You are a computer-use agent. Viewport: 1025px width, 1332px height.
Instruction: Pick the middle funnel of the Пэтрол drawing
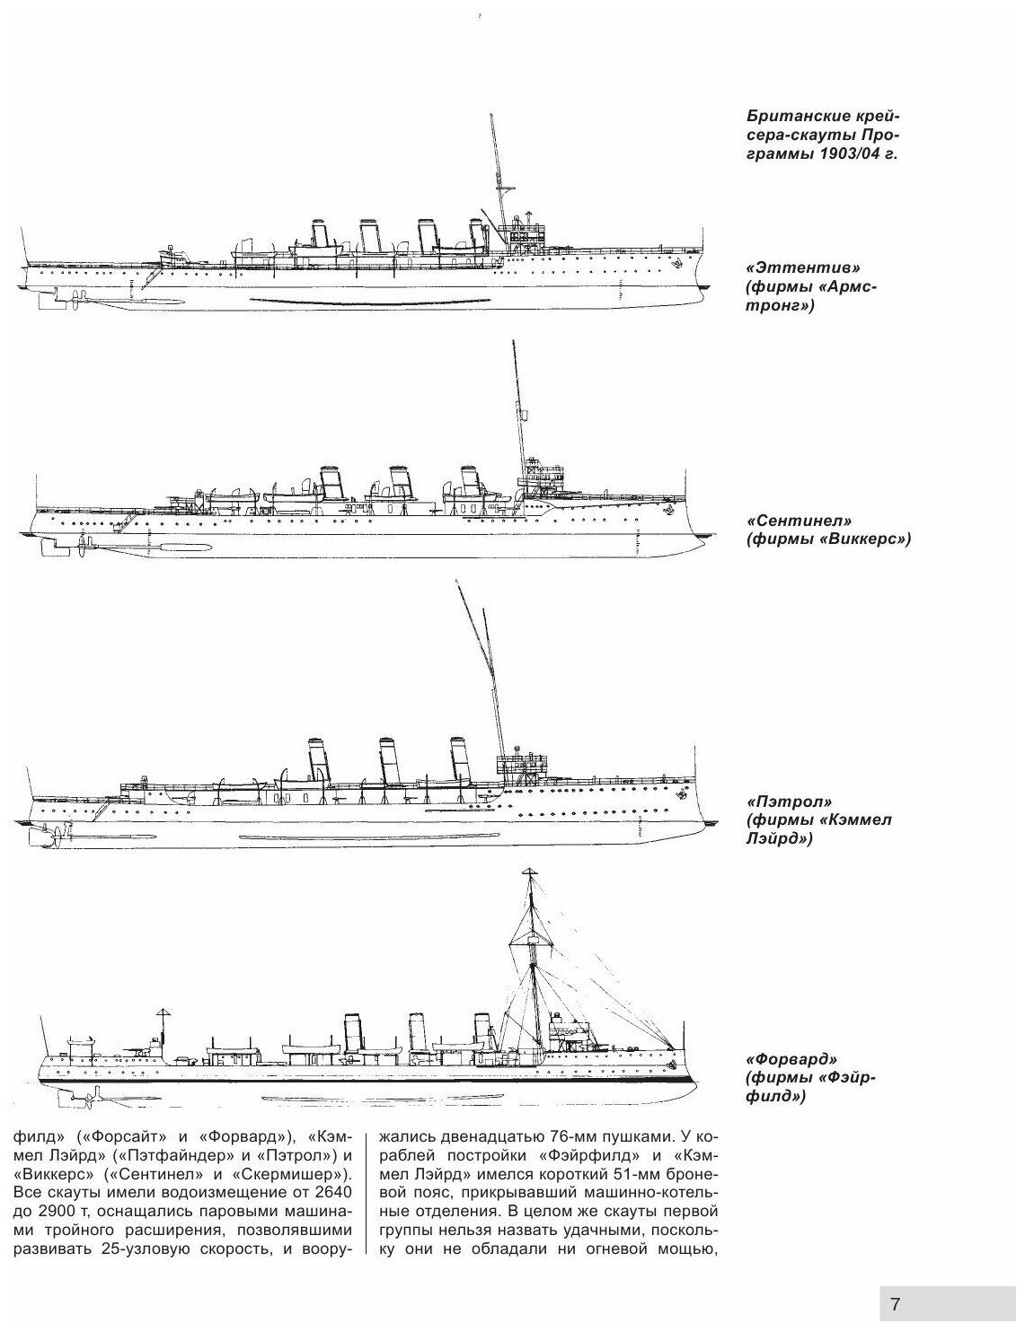[x=389, y=759]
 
